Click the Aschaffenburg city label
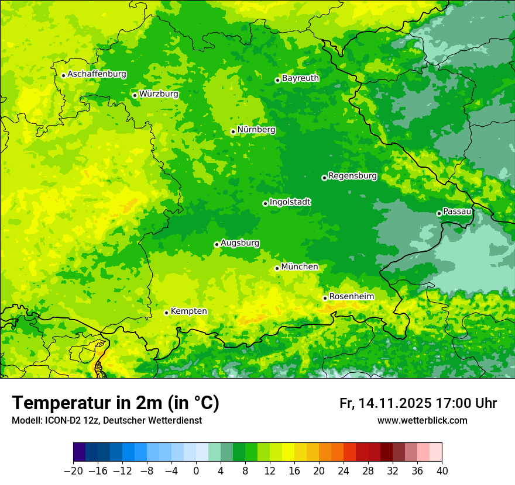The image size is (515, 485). pyautogui.click(x=97, y=74)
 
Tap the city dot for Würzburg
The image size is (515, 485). pyautogui.click(x=135, y=95)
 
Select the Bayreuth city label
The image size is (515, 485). pyautogui.click(x=300, y=78)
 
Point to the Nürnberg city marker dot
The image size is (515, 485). pyautogui.click(x=233, y=131)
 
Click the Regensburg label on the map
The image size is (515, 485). pyautogui.click(x=352, y=176)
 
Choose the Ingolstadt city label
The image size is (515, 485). pyautogui.click(x=290, y=202)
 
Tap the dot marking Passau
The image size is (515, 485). pyautogui.click(x=439, y=213)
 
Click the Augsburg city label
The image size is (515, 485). pyautogui.click(x=240, y=243)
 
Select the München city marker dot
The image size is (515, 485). pyautogui.click(x=277, y=268)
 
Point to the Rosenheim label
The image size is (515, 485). pyautogui.click(x=351, y=297)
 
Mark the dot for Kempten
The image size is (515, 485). pyautogui.click(x=166, y=313)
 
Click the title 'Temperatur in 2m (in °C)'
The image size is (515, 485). pyautogui.click(x=115, y=403)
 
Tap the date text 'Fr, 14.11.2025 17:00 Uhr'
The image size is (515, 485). pyautogui.click(x=418, y=404)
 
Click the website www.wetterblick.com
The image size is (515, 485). pyautogui.click(x=422, y=421)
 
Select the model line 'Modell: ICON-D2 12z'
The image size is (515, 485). pyautogui.click(x=66, y=421)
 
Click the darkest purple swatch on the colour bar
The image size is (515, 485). pyautogui.click(x=80, y=452)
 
